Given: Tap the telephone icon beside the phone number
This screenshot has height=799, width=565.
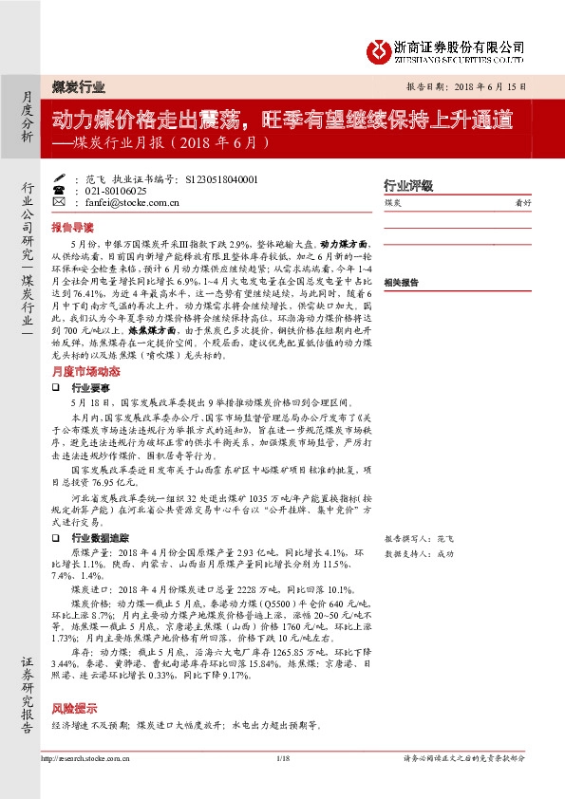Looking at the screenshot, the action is (75, 191).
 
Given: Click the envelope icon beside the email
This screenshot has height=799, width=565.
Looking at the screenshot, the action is (75, 203).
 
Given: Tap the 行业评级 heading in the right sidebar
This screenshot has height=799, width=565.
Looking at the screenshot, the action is (407, 185).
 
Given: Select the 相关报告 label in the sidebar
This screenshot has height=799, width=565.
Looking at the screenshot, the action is (402, 283).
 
